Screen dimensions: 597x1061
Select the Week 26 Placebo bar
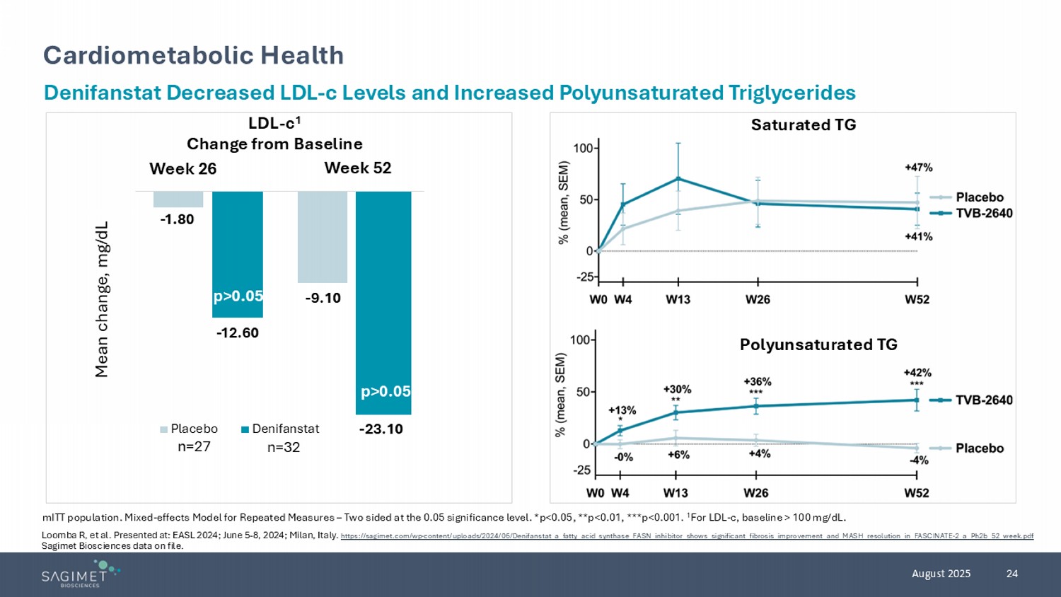(x=178, y=199)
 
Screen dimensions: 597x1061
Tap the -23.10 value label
(x=381, y=429)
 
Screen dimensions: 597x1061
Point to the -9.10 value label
(x=323, y=298)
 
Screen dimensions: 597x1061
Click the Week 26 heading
(x=182, y=169)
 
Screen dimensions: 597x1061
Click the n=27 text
(x=194, y=446)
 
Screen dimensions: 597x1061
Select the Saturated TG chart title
(x=803, y=125)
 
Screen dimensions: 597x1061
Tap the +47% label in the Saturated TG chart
(x=918, y=168)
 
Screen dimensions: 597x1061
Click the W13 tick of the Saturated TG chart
(x=678, y=299)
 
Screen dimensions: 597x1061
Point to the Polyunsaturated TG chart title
(x=818, y=344)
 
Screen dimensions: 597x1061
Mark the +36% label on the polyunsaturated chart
(x=757, y=381)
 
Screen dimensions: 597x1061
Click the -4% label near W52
(x=918, y=460)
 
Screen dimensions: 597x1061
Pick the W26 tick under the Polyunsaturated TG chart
(x=756, y=492)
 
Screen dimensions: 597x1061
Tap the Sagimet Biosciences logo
(x=80, y=574)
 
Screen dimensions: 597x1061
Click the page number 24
(x=1011, y=574)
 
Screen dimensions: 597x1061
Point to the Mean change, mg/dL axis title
(x=103, y=299)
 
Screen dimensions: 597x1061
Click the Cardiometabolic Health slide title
(x=193, y=55)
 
